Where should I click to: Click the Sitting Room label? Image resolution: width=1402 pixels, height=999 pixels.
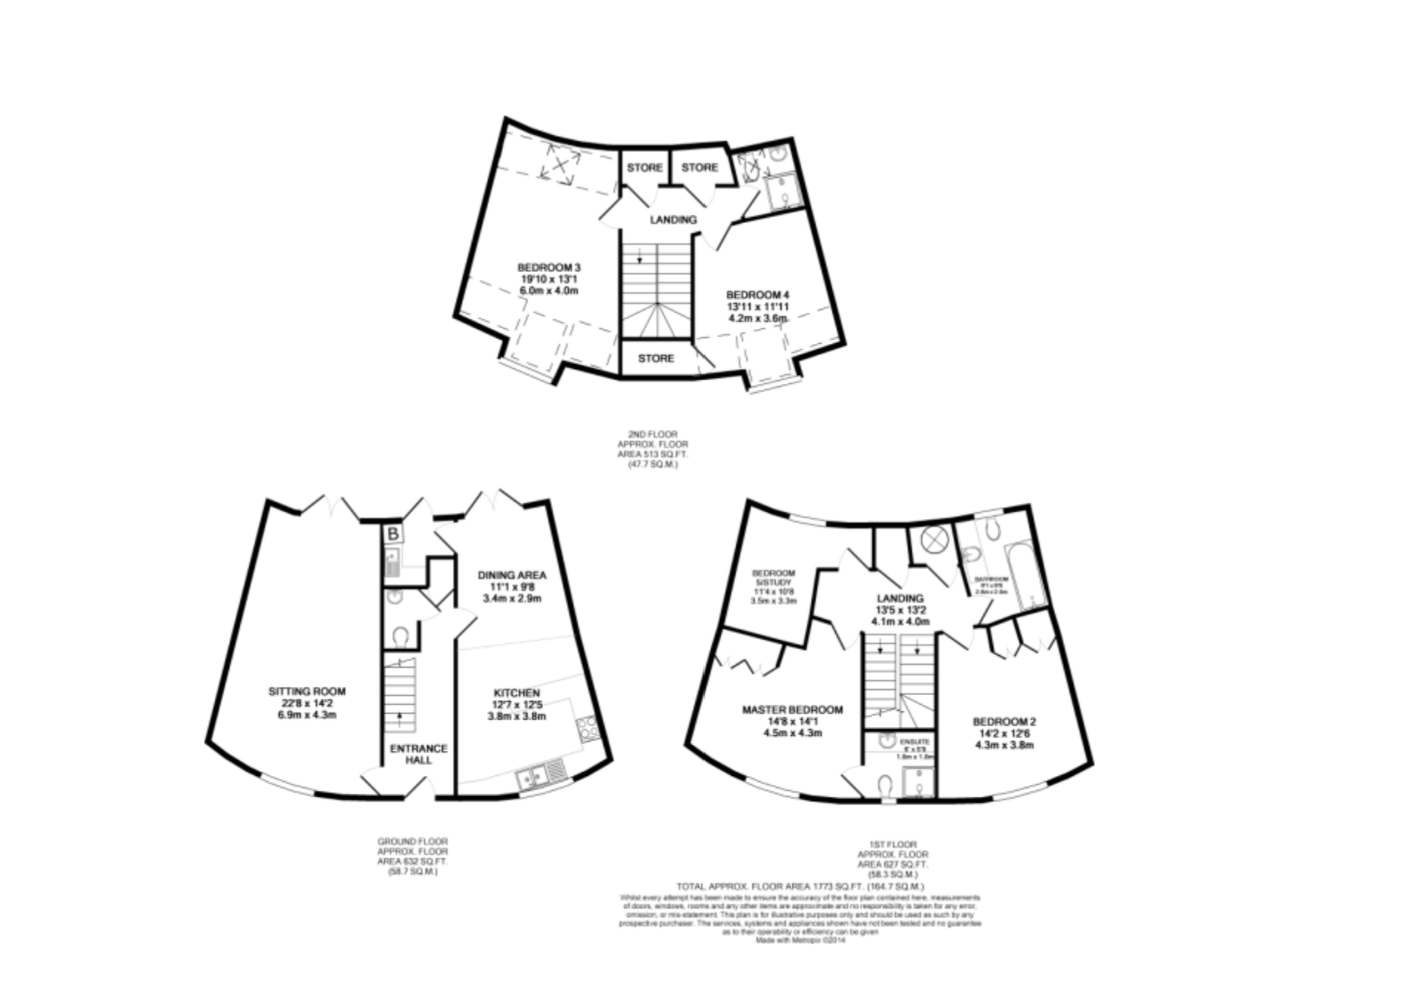click(x=307, y=703)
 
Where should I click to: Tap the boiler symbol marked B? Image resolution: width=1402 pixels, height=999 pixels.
click(x=393, y=534)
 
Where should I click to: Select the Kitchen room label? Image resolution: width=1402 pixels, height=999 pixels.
click(x=516, y=704)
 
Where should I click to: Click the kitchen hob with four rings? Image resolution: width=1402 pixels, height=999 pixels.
click(x=586, y=728)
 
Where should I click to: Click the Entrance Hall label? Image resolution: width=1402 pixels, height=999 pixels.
click(x=419, y=754)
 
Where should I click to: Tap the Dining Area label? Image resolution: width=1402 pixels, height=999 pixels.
click(x=512, y=585)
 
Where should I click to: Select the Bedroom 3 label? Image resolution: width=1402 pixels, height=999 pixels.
click(x=548, y=279)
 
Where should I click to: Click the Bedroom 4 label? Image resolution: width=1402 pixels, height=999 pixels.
click(x=757, y=305)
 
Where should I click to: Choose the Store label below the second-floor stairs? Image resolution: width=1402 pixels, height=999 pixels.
click(x=656, y=358)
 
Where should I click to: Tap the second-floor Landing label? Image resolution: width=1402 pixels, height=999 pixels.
click(x=674, y=219)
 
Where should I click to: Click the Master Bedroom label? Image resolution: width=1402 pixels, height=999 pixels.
click(x=792, y=720)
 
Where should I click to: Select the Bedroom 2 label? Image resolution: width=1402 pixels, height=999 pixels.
click(x=1004, y=732)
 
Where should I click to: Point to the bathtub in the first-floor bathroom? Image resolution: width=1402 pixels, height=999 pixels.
click(x=1023, y=574)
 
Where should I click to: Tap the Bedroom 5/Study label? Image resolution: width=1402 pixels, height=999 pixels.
click(x=774, y=587)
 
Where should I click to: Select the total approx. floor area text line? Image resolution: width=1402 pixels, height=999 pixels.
click(x=800, y=886)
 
